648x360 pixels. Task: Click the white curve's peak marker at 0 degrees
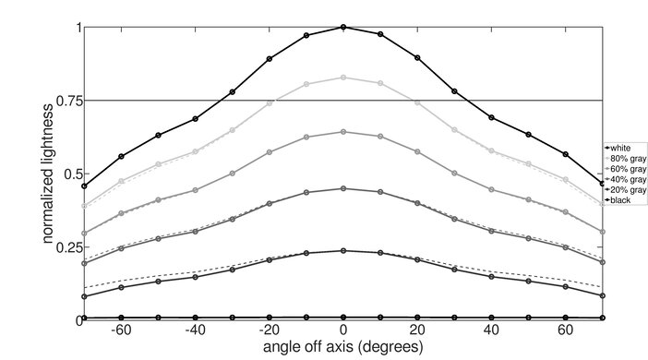tap(343, 27)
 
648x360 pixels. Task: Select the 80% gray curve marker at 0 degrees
tap(343, 78)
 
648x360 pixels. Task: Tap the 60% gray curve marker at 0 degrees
tap(343, 132)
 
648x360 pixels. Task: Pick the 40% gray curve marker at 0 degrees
tap(343, 188)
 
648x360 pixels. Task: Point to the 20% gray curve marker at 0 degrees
tap(343, 250)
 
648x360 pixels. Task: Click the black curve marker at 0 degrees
tap(343, 318)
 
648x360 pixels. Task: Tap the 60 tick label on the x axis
tap(566, 331)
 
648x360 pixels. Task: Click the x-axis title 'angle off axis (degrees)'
tap(343, 348)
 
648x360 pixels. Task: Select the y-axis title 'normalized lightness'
tap(45, 174)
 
